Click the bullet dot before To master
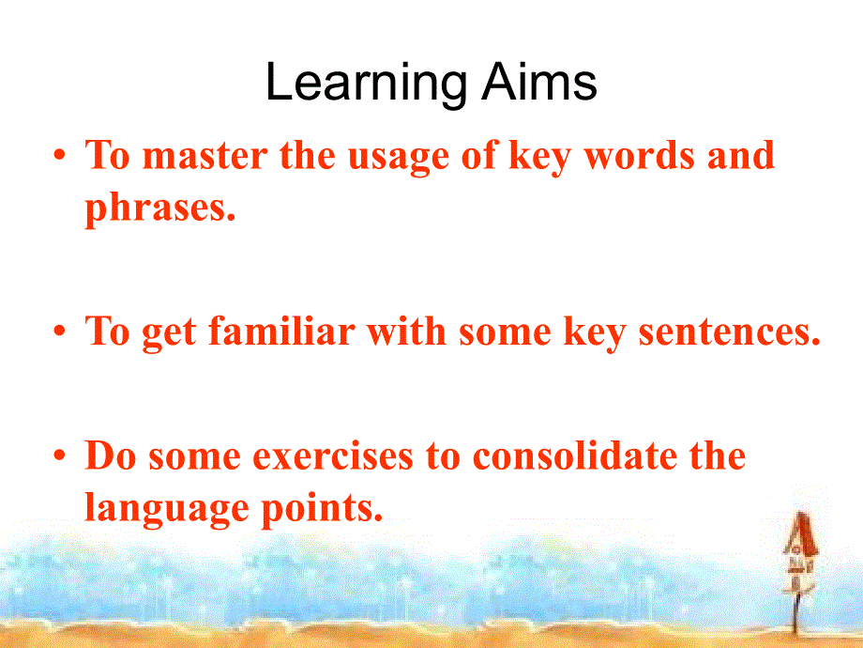click(60, 156)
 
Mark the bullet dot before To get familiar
click(60, 332)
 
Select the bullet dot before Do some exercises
click(60, 456)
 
